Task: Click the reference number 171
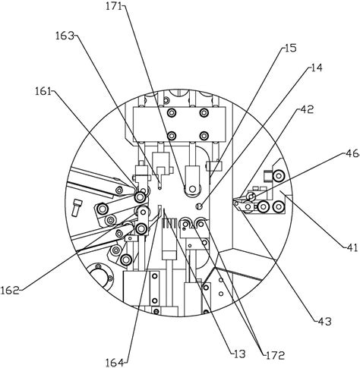pos(114,6)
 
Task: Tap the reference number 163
pos(65,36)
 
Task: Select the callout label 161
pos(43,91)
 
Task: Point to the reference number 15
pos(290,48)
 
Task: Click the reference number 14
pos(316,68)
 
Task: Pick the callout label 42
pos(307,109)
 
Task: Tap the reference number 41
pos(352,247)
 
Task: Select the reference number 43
pos(324,322)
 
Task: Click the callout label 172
pos(275,355)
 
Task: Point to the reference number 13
pos(239,354)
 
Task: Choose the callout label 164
pos(115,363)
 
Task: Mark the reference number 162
pos(10,291)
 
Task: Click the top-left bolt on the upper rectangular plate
pos(172,112)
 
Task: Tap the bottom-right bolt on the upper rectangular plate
pos(204,136)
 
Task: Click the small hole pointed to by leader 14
pos(200,206)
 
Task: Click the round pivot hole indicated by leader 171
pos(193,189)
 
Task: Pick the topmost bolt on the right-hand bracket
pos(278,175)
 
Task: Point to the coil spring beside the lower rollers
pos(169,223)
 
